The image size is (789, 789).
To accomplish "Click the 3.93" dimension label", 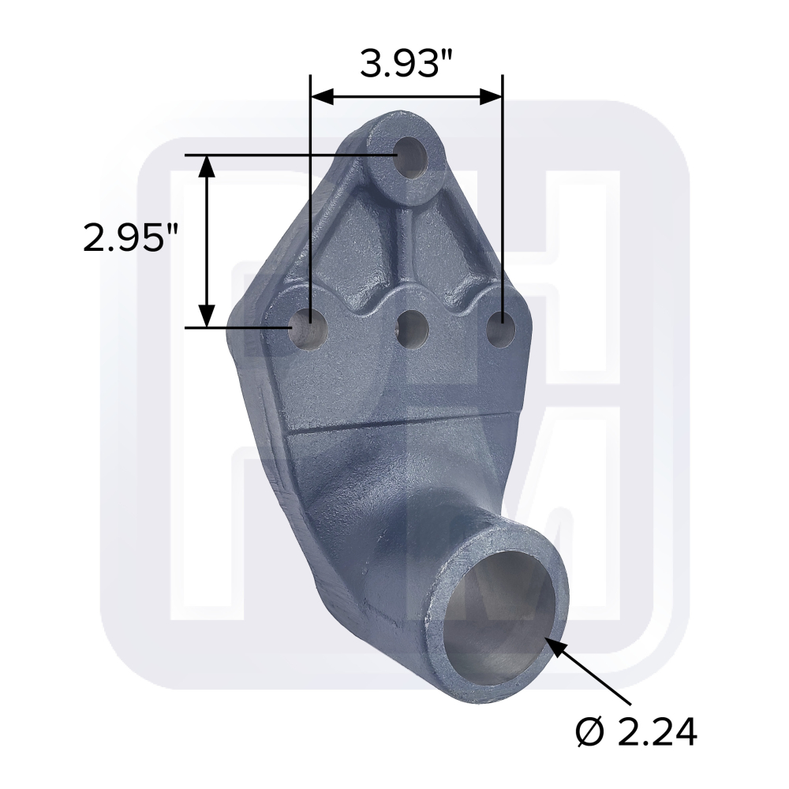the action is pyautogui.click(x=406, y=64).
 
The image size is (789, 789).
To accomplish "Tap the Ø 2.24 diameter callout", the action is pyautogui.click(x=636, y=731).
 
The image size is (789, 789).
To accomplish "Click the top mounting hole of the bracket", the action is pyautogui.click(x=411, y=155).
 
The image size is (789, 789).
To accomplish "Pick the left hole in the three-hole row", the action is pyautogui.click(x=309, y=328).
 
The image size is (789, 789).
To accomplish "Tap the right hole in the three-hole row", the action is pyautogui.click(x=501, y=329).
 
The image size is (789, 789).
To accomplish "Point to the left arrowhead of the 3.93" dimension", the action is pyautogui.click(x=323, y=96).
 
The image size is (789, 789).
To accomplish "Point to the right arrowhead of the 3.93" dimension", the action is pyautogui.click(x=491, y=96).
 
